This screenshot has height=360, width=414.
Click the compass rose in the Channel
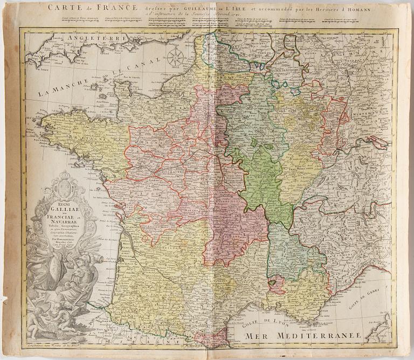[x=175, y=57]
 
